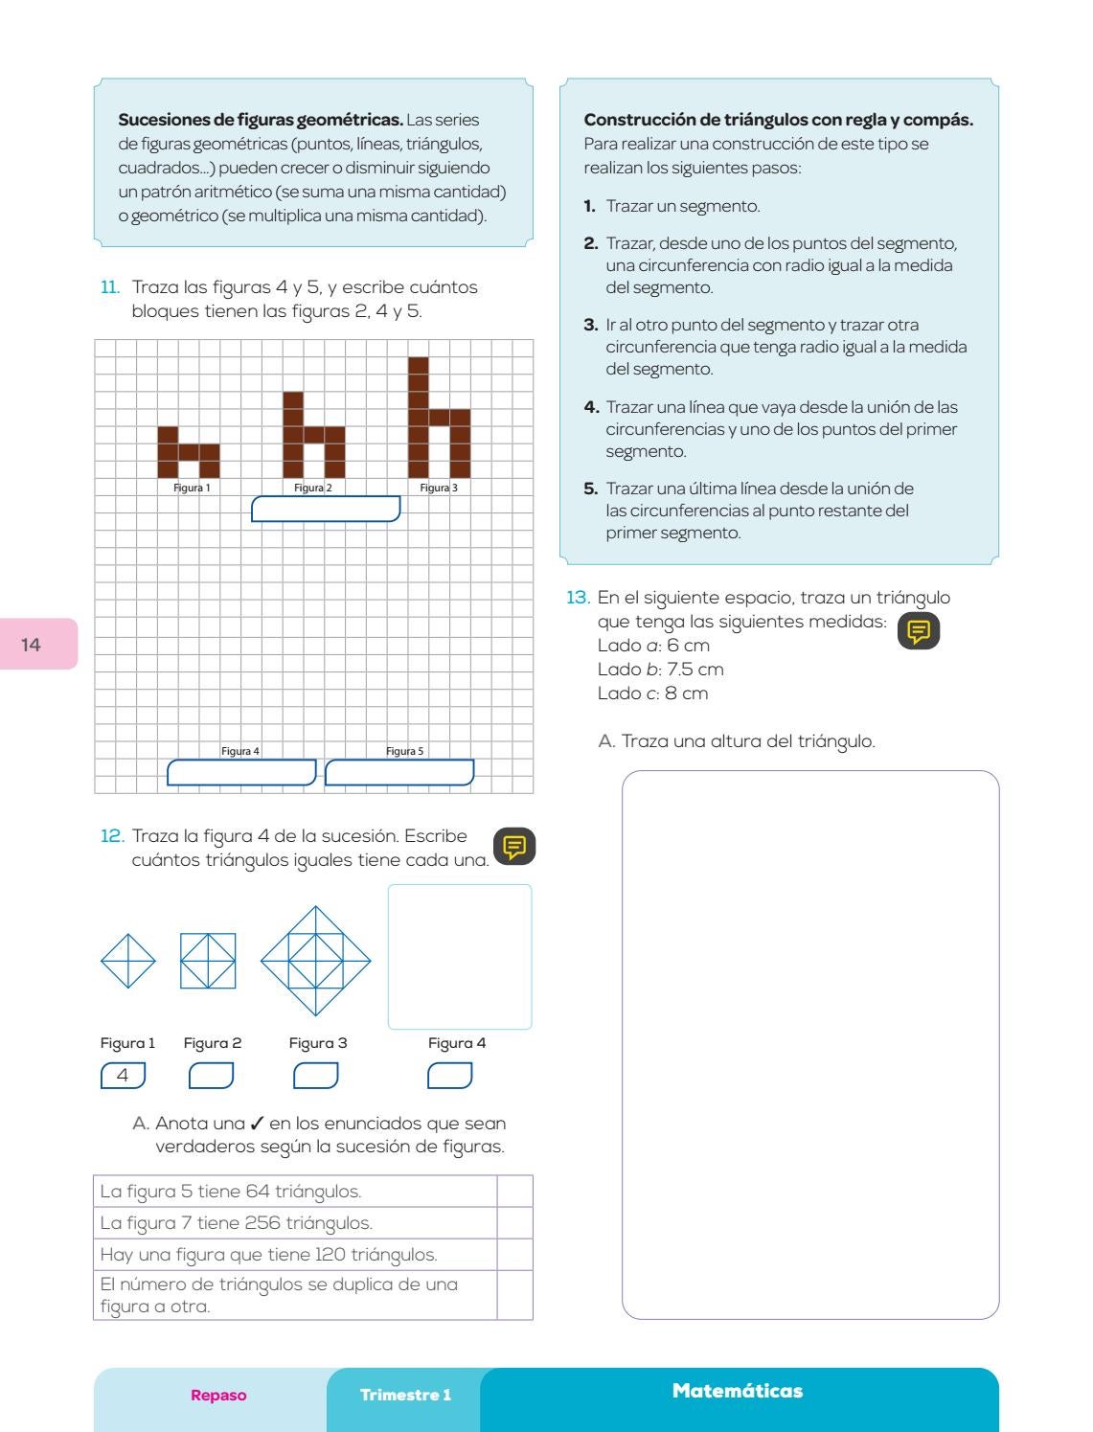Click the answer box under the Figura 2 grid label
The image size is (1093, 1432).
click(x=325, y=510)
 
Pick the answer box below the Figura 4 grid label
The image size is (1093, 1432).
click(x=241, y=772)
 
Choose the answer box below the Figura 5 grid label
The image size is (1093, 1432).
click(x=399, y=772)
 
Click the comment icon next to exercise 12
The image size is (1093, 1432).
click(x=514, y=847)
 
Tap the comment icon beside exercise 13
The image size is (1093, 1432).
click(x=919, y=632)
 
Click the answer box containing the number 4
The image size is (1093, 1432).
click(x=123, y=1076)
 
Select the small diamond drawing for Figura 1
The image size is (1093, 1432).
click(x=127, y=961)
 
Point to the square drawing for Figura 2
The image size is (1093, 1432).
click(x=208, y=961)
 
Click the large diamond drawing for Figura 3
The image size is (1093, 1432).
click(x=315, y=960)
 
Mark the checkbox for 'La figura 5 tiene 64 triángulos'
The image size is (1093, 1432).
click(x=514, y=1192)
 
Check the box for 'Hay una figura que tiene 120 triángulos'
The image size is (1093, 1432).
click(x=514, y=1254)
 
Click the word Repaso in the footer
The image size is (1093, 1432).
click(x=218, y=1395)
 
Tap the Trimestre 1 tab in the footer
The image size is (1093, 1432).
click(x=405, y=1395)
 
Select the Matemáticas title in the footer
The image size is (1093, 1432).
click(x=738, y=1391)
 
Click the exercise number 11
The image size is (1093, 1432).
click(x=110, y=287)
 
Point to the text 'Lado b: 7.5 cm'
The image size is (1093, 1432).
click(x=660, y=670)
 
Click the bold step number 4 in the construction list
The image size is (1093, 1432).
click(x=591, y=407)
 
